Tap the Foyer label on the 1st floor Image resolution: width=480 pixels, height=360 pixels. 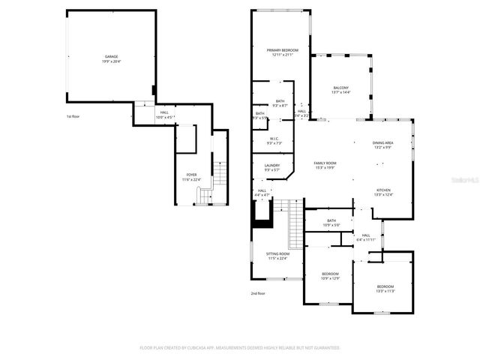coord(191,176)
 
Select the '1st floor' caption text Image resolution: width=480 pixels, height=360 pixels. coord(73,116)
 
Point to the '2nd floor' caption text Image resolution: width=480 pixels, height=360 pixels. coord(258,293)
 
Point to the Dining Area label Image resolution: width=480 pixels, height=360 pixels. coord(383,145)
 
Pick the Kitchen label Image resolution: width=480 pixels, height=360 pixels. coord(383,192)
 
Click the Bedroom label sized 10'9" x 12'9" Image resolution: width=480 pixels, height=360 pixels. coord(331,276)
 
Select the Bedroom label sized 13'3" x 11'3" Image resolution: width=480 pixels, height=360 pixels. coord(385,288)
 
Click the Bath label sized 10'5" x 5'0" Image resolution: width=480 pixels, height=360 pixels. coord(331,223)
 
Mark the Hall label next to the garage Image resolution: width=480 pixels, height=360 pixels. coord(163,115)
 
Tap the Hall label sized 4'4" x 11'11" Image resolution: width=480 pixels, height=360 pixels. coord(366,237)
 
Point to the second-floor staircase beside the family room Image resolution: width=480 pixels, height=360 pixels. coord(295,223)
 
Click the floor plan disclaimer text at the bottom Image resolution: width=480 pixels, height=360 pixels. coord(240,348)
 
